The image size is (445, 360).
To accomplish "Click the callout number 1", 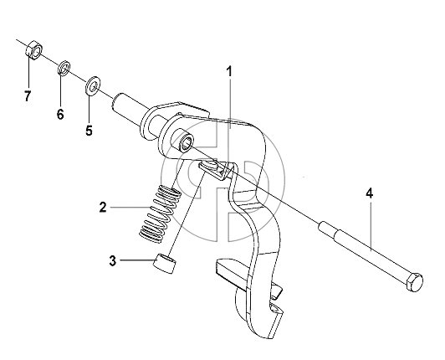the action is (229, 72).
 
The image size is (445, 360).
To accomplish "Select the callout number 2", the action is (103, 207).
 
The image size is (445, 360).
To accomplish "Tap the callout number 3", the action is (113, 260).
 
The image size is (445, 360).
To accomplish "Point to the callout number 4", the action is (369, 193).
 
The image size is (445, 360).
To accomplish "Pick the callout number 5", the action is (90, 130).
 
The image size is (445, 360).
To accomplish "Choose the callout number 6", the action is (60, 114).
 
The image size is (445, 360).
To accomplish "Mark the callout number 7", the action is (28, 95).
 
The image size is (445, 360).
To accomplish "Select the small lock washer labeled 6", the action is (64, 68).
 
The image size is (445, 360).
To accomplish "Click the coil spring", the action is (161, 214).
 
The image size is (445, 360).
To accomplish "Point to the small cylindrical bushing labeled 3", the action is (165, 264).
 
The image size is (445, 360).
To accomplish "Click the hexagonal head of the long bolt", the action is (415, 281).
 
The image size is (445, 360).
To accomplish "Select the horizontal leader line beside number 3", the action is (137, 260).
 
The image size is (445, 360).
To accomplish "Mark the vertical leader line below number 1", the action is (230, 104).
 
